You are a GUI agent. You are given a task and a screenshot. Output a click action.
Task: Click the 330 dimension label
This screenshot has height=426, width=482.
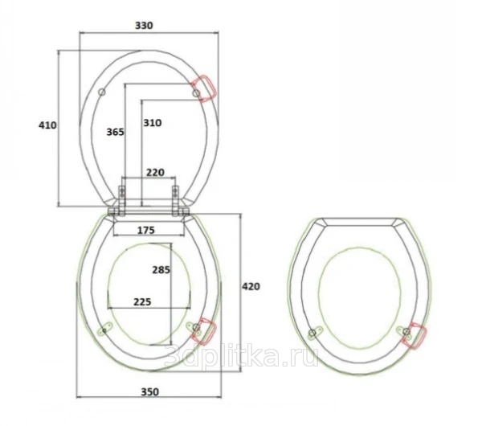coord(144,25)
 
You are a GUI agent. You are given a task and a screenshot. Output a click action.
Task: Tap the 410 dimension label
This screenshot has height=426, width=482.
coord(47,125)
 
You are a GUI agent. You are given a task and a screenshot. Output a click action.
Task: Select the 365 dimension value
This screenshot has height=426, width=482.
coord(115,132)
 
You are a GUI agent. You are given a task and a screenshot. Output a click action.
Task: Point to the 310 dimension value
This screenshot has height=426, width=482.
coord(153,123)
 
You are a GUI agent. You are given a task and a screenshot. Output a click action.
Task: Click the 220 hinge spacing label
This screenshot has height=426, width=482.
coord(155,173)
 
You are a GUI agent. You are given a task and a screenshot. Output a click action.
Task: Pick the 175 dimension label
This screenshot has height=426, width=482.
coord(145,230)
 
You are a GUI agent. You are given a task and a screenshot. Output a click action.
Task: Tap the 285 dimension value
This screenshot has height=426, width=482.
coord(161,270)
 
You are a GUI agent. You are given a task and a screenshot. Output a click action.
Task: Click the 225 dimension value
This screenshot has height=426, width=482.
coord(142,301)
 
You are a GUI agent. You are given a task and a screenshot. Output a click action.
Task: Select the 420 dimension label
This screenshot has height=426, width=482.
coord(251,286)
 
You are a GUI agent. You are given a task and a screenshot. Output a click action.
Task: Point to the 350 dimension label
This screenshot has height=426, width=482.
coord(150,392)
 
